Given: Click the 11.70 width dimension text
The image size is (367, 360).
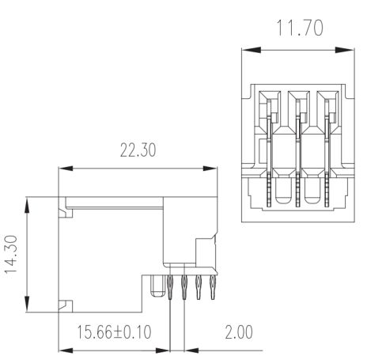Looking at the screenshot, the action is (x=300, y=28).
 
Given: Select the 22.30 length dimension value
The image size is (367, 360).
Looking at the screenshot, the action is (x=138, y=150).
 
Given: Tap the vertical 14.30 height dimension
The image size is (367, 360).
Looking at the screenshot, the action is (x=11, y=255).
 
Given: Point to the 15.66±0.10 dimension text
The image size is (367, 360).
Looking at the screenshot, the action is (x=114, y=332).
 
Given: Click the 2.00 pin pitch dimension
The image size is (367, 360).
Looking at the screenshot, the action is (x=239, y=332).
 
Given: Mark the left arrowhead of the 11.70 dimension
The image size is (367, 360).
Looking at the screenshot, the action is (x=252, y=50).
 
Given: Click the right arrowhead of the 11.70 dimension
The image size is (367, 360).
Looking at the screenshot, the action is (x=345, y=50).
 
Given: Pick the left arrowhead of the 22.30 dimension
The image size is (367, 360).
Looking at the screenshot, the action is (x=66, y=169).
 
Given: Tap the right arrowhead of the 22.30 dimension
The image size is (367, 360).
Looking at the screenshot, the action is (x=210, y=169).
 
